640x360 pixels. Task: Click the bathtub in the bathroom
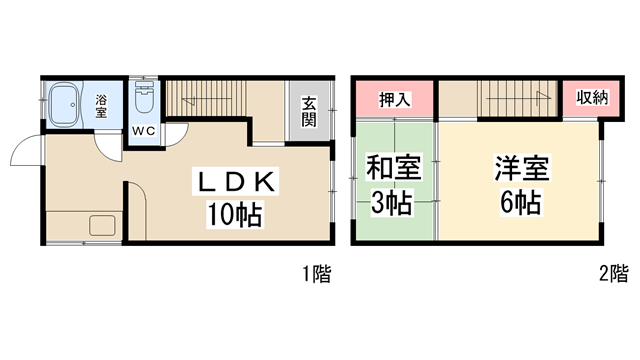67,103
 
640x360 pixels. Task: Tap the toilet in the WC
142,101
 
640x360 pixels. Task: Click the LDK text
236,181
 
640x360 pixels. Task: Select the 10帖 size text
236,213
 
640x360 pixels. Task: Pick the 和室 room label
392,167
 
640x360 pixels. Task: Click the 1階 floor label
316,271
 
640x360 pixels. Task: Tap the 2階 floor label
613,271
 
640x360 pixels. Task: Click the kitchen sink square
102,226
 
